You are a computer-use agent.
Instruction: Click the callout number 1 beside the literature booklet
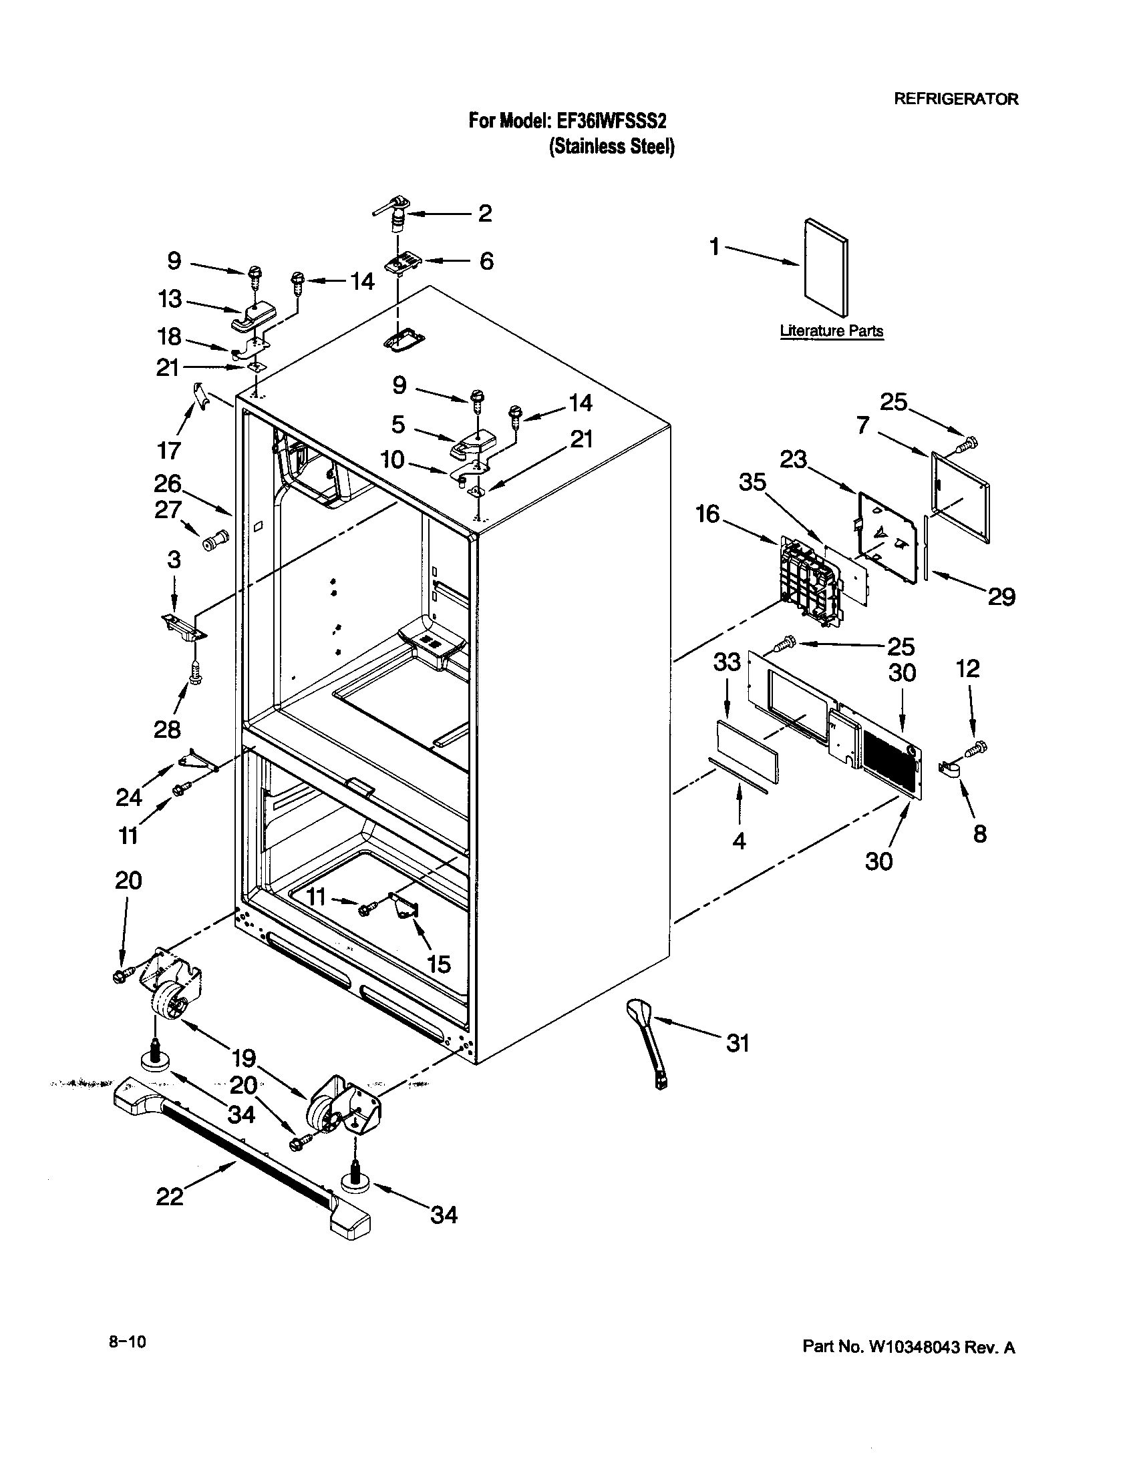coord(715,247)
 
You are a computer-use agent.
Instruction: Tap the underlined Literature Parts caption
coord(832,331)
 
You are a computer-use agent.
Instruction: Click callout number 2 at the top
coord(485,213)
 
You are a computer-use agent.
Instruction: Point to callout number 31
coord(738,1043)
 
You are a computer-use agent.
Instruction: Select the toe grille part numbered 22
coord(242,1163)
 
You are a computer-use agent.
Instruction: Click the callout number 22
coord(169,1197)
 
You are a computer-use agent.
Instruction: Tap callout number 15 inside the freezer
coord(439,964)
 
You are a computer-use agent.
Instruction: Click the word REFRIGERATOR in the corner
coord(955,99)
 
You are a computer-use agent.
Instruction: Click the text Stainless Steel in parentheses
coord(611,147)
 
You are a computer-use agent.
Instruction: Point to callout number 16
coord(707,514)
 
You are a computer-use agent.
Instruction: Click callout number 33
coord(727,662)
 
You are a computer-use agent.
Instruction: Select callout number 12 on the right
coord(968,668)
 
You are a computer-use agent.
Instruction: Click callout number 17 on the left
coord(169,450)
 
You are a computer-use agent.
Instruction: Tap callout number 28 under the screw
coord(167,729)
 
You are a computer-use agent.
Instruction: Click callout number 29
coord(1001,596)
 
